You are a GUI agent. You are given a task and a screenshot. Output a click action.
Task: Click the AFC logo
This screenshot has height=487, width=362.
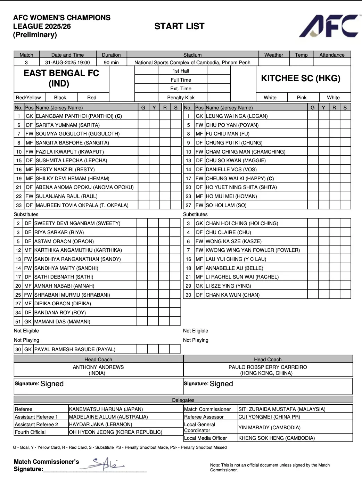[x=328, y=26]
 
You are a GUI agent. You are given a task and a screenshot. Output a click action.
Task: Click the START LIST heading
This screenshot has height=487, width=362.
[x=179, y=26]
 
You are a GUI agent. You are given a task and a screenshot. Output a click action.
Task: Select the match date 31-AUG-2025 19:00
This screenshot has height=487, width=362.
[x=67, y=63]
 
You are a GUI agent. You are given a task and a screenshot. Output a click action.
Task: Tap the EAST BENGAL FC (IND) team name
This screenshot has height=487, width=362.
[x=61, y=78]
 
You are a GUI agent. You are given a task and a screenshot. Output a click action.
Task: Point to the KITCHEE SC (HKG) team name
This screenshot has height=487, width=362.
[x=301, y=78]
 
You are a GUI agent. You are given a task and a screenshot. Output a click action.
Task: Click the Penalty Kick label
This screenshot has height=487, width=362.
[x=181, y=98]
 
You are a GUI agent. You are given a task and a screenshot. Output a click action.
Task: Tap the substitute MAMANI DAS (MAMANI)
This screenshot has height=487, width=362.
[x=62, y=322]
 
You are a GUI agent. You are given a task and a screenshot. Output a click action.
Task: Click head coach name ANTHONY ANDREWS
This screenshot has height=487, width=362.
[x=98, y=367]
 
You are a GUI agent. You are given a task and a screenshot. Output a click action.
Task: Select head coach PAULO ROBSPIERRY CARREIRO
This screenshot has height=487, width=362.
[x=268, y=367]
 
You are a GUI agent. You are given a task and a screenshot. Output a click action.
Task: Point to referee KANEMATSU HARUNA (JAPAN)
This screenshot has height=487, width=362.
[x=106, y=409]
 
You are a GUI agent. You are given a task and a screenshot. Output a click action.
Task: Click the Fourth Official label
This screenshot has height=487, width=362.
[x=30, y=432]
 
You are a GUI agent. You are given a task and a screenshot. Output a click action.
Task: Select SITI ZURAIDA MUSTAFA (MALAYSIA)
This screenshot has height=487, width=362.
[x=282, y=409]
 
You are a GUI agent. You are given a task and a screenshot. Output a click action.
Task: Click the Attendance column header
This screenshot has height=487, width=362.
[x=332, y=55]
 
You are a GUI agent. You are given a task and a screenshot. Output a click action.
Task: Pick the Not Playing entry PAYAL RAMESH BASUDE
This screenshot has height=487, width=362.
[x=75, y=349]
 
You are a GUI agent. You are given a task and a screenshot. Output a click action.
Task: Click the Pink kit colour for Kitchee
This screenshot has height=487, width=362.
[x=302, y=98]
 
